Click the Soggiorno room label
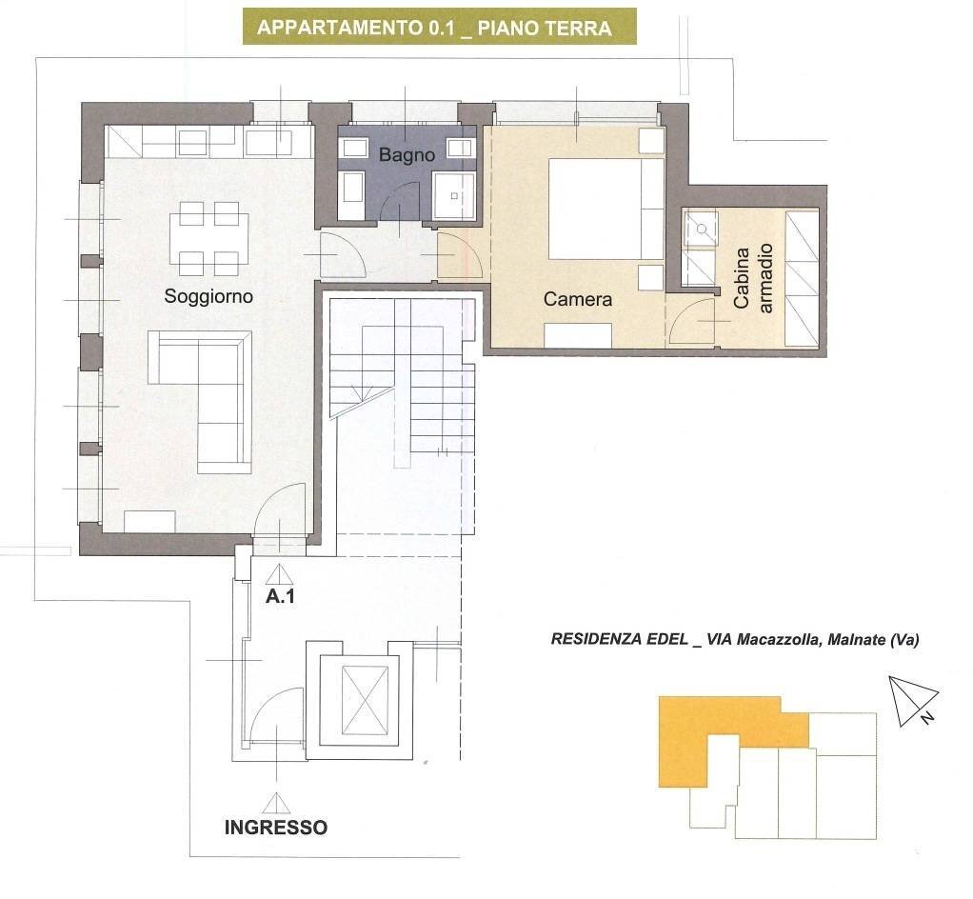click(x=208, y=296)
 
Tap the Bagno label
click(x=407, y=154)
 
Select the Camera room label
click(x=578, y=299)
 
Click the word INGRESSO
click(x=275, y=828)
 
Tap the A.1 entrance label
click(x=279, y=599)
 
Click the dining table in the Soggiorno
click(x=208, y=238)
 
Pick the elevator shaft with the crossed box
click(x=365, y=700)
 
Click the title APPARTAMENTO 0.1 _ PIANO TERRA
click(x=434, y=28)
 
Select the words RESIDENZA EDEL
click(x=619, y=640)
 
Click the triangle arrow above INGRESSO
click(x=276, y=803)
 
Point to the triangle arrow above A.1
click(x=279, y=574)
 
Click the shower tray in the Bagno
click(x=454, y=196)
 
